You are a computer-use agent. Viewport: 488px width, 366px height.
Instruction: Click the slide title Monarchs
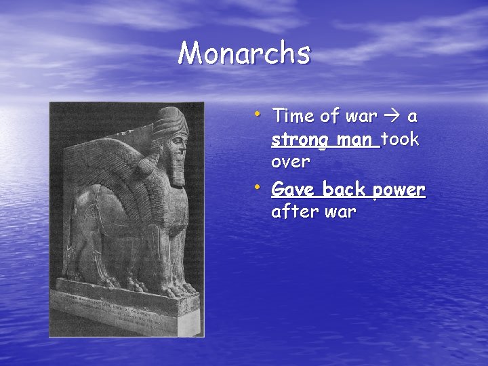(244, 53)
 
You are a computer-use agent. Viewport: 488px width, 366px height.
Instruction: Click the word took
(401, 140)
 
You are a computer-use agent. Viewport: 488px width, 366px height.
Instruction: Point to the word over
(290, 163)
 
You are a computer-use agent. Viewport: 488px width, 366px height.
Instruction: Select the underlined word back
(345, 188)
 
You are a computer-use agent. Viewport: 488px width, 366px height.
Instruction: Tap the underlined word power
(399, 189)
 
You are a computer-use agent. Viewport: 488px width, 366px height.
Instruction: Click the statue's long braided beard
(178, 169)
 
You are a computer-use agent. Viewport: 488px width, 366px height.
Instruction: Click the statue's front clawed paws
(180, 290)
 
